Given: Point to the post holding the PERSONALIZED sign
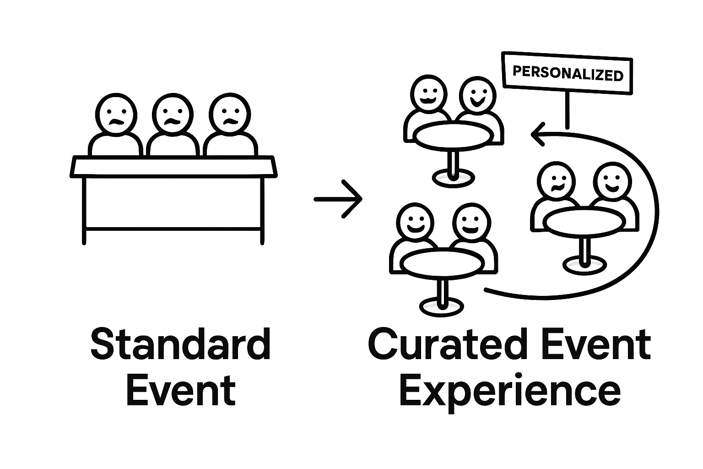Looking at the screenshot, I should pos(567,110).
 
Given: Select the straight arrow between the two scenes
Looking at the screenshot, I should pos(339,199).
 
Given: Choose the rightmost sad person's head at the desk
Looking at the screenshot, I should pos(229,115).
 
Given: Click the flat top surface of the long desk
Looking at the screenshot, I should pos(174,166).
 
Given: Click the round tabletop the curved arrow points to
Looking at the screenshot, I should pos(453,135).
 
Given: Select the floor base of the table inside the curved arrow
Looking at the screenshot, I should pos(584,265).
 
